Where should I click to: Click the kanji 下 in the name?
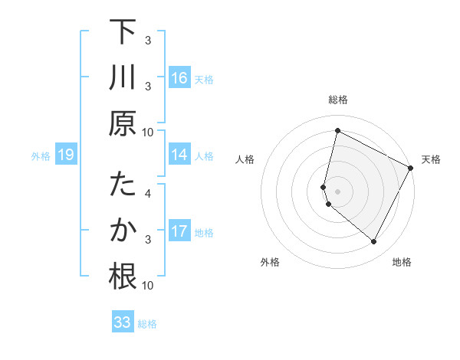click(123, 33)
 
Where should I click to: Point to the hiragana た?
click(123, 187)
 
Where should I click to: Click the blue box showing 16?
click(179, 78)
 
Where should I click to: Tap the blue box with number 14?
click(179, 155)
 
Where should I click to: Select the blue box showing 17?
click(179, 231)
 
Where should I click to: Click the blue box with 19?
click(66, 155)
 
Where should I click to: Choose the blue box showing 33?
click(123, 322)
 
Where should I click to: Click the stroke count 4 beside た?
click(148, 194)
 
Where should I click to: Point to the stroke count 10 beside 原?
click(148, 132)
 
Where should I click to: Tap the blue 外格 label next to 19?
click(41, 156)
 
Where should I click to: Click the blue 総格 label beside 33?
click(147, 323)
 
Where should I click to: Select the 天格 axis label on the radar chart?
click(431, 159)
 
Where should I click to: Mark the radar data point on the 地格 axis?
click(374, 241)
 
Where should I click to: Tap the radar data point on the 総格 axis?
click(337, 131)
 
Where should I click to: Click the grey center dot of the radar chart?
click(337, 191)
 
